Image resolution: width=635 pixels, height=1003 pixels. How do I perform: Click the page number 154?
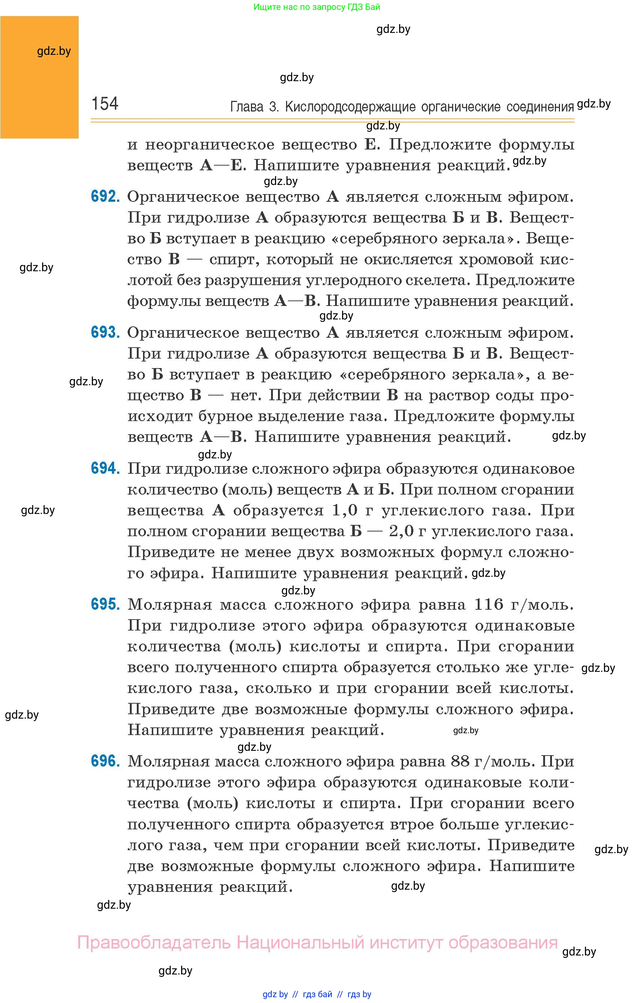pos(105,103)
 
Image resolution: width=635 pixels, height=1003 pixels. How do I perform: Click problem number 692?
pos(105,196)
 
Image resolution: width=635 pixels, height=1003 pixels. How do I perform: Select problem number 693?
pos(105,332)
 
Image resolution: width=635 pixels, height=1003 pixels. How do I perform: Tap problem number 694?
pos(105,468)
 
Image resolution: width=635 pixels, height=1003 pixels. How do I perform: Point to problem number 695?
pos(105,604)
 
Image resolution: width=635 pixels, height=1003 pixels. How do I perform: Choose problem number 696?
pos(105,761)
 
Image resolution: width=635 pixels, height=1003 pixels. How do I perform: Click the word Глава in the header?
pos(247,107)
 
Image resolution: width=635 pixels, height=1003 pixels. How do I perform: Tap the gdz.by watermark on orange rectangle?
pos(54,51)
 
